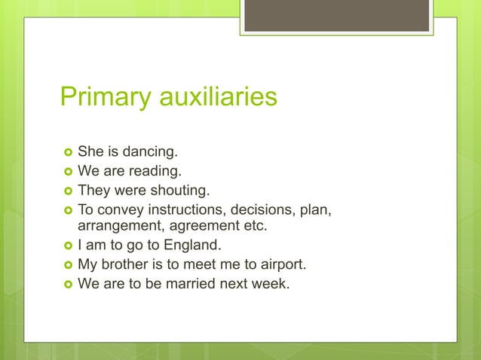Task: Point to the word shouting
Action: (177, 191)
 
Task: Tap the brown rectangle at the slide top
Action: (338, 15)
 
